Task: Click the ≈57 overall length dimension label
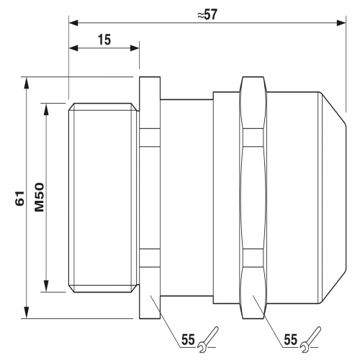point(207,15)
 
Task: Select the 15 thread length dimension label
point(104,40)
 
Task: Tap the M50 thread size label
point(40,197)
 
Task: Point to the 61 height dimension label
point(20,198)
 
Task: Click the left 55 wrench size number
point(188,339)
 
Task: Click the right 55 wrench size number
point(291,339)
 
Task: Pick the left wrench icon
point(208,339)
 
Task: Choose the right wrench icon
point(310,339)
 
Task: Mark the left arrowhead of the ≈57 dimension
point(73,23)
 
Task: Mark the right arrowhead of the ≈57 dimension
point(341,23)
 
